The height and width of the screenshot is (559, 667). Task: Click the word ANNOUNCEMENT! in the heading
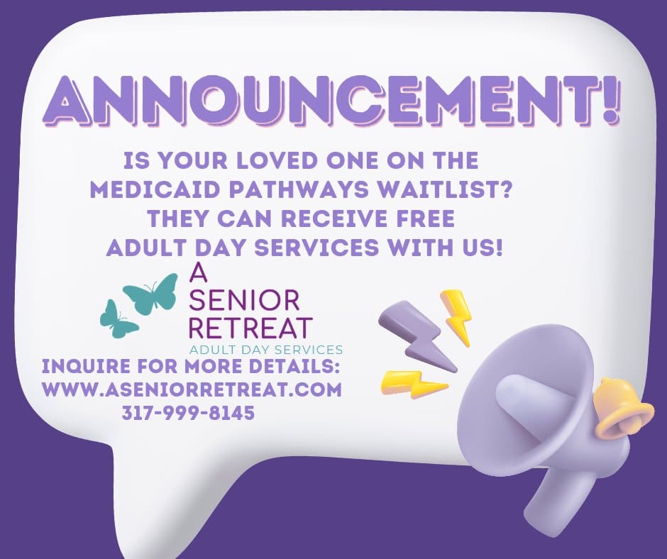coord(331,101)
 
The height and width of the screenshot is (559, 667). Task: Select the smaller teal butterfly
coord(118,319)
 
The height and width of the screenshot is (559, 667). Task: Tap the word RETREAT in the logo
coord(250,328)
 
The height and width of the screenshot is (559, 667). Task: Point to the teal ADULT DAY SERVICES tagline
coord(266,350)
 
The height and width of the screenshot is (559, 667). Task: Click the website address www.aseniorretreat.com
coord(192,389)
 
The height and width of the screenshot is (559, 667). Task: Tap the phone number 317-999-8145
coord(188,413)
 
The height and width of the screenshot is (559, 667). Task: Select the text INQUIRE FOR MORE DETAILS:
coord(191,366)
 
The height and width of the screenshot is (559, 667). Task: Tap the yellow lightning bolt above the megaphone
coord(456,317)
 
